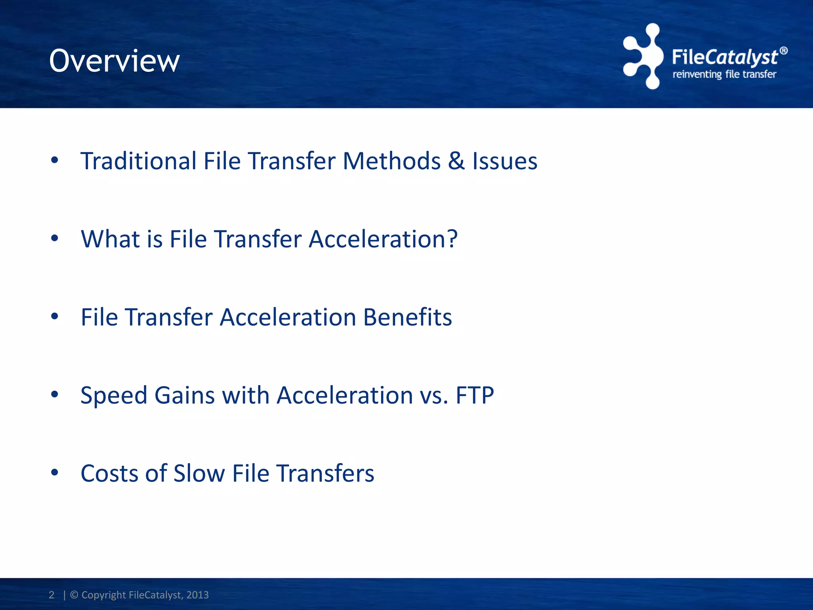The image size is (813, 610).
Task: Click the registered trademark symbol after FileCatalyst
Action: point(783,51)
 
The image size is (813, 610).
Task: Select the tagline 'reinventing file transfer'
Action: point(724,74)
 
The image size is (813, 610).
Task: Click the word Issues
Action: point(505,161)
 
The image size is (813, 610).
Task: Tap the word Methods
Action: point(391,161)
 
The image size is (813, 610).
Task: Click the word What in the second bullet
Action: point(105,239)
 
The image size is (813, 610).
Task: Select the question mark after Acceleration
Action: point(451,239)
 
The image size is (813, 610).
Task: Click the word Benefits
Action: point(407,317)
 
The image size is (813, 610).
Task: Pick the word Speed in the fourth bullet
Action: point(114,396)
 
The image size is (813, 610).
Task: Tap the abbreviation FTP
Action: point(474,396)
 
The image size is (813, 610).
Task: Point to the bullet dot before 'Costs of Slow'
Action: point(55,473)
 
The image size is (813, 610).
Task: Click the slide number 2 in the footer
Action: point(52,595)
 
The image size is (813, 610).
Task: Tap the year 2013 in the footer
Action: point(197,595)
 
